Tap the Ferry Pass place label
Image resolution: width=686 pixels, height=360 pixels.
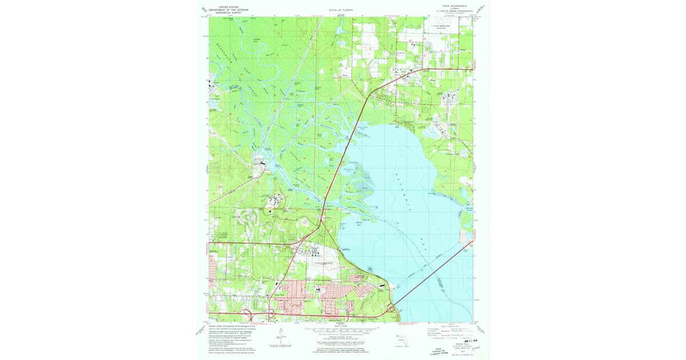280,295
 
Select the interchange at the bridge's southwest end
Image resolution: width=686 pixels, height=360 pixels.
393,309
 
